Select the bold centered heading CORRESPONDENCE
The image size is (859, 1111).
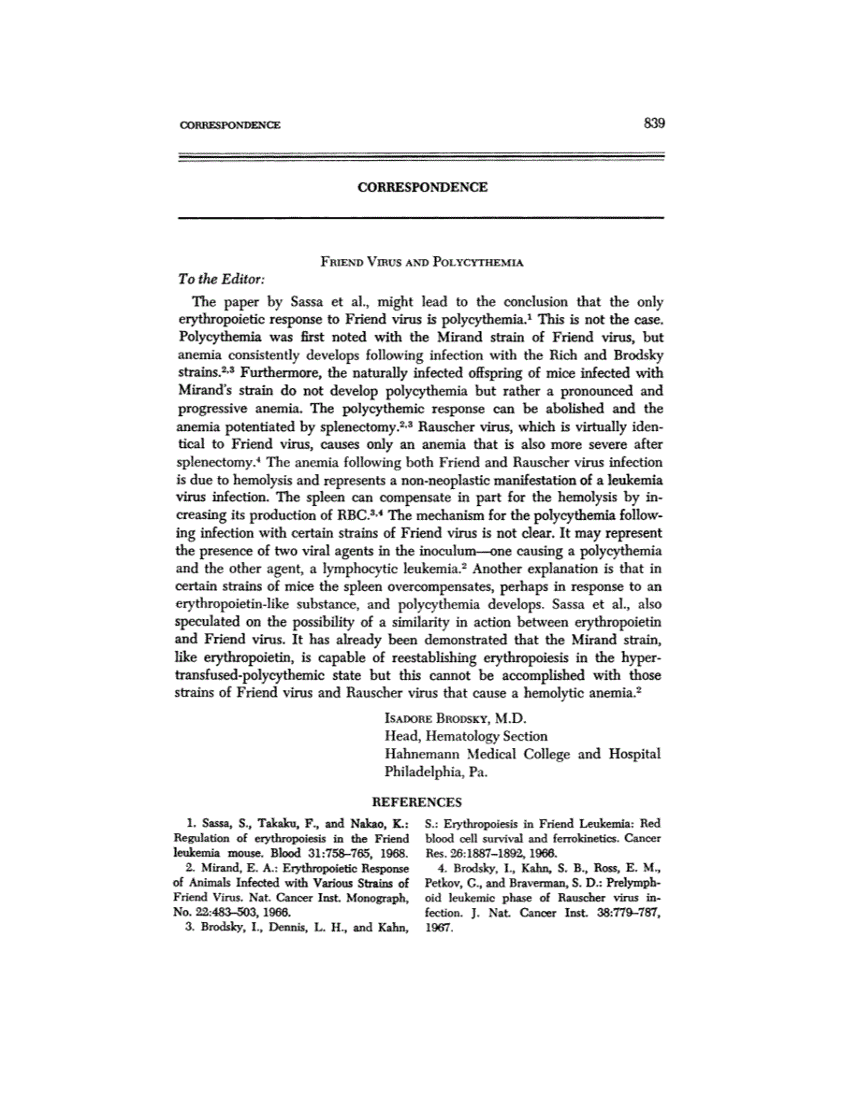point(422,187)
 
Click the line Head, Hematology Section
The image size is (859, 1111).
point(466,736)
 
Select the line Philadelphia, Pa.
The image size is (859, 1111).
point(430,772)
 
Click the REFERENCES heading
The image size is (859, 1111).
point(417,802)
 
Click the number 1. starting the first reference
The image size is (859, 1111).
point(191,824)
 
